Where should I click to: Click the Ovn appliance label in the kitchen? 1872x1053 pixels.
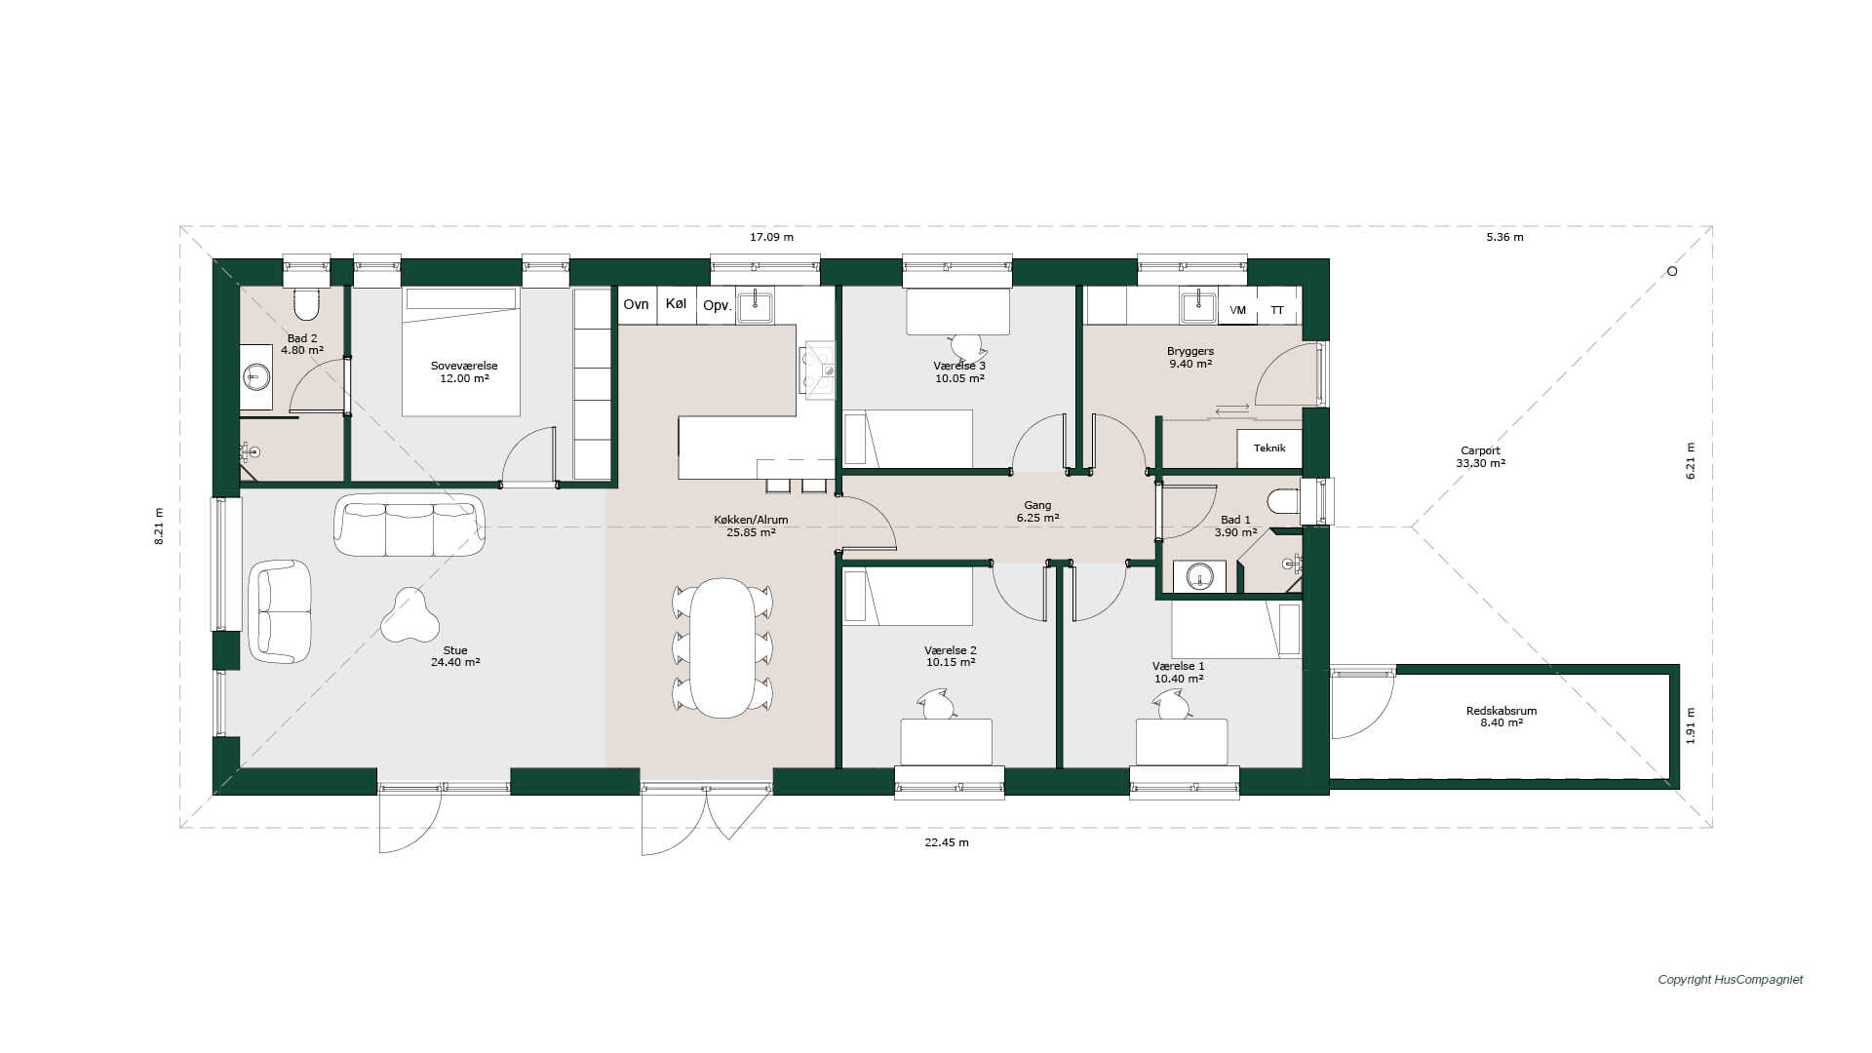[636, 305]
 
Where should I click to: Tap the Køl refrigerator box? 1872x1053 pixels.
[677, 304]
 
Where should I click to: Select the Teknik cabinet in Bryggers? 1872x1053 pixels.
[1269, 448]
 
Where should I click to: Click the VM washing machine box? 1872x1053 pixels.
[1237, 310]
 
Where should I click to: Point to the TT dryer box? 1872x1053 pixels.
[1277, 310]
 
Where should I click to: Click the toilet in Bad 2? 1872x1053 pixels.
[306, 303]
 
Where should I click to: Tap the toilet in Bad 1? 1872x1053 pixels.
[1284, 501]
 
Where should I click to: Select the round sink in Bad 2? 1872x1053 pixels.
[256, 375]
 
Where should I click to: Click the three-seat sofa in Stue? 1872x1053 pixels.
[409, 525]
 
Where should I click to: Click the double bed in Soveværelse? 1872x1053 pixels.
[460, 352]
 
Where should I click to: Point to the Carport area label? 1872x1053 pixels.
[1480, 457]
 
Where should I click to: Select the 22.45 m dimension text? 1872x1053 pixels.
[947, 842]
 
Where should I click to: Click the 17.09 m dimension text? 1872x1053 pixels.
[771, 237]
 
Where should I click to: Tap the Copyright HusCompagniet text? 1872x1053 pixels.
[1731, 980]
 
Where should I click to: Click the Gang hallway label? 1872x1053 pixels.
[1037, 505]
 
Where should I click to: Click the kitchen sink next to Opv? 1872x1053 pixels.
[756, 307]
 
